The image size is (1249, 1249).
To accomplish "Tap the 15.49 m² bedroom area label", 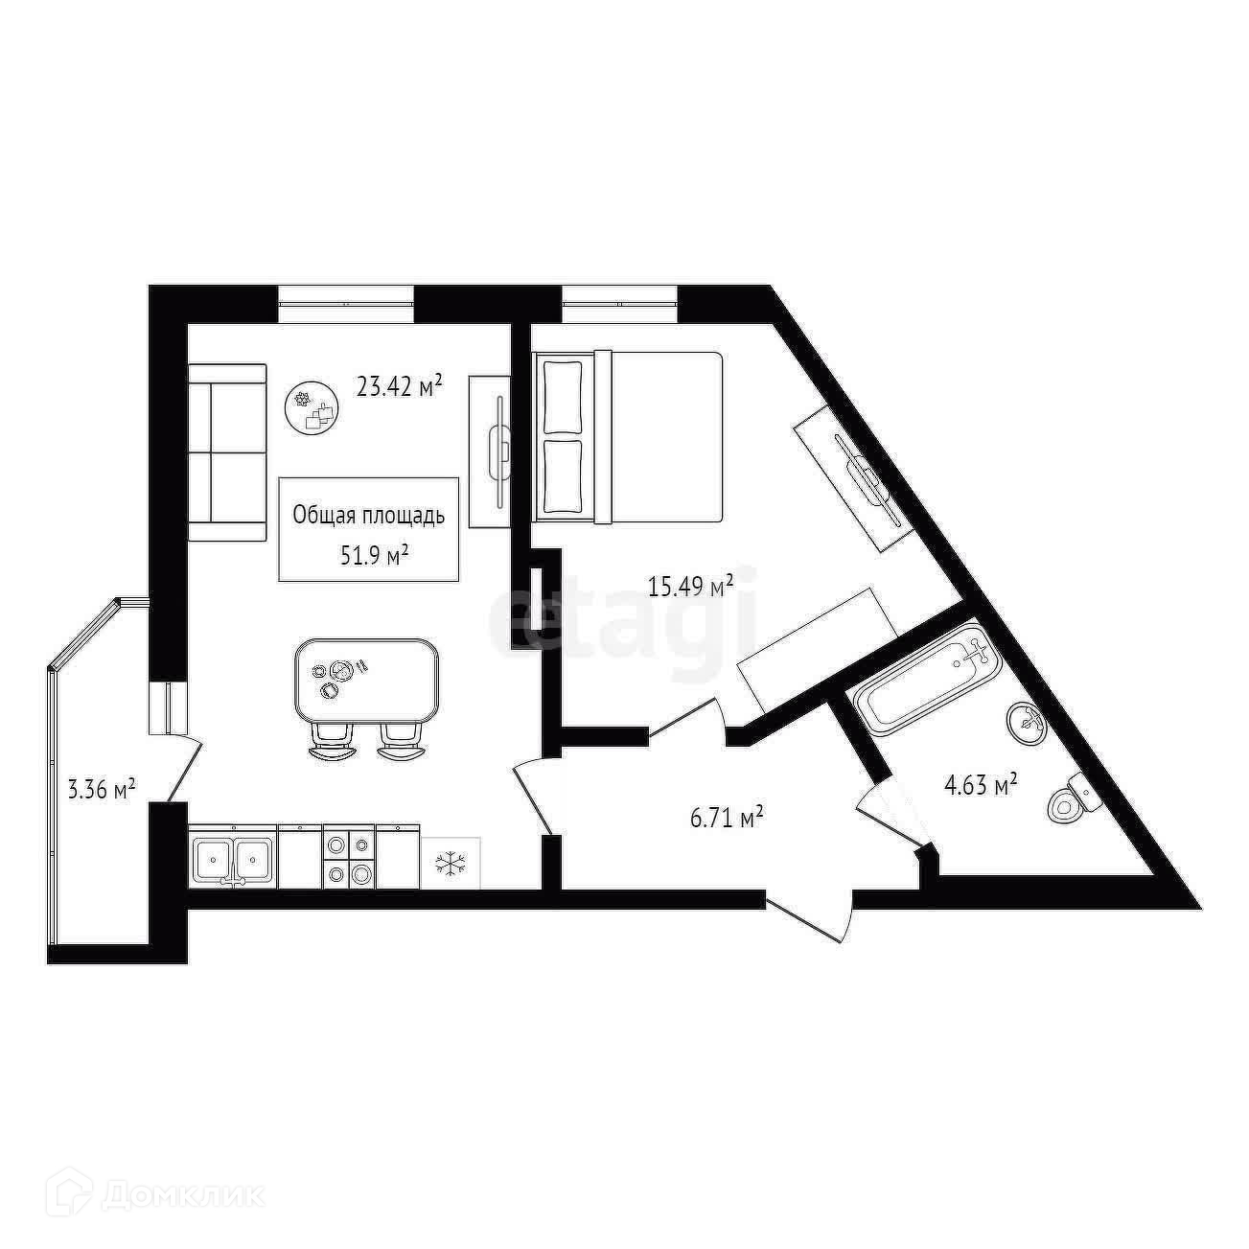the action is coord(691,586).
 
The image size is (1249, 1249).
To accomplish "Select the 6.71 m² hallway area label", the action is coord(727,818).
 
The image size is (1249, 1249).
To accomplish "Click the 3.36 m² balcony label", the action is coord(101,790).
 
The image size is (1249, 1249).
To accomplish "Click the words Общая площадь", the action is coord(369,516).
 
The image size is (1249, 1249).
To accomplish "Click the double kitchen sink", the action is coord(233,858).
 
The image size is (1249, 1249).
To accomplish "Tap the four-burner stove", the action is coord(349,858).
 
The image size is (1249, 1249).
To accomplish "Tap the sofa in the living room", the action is coord(226,452).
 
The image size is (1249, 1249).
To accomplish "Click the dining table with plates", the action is coord(368,682).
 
